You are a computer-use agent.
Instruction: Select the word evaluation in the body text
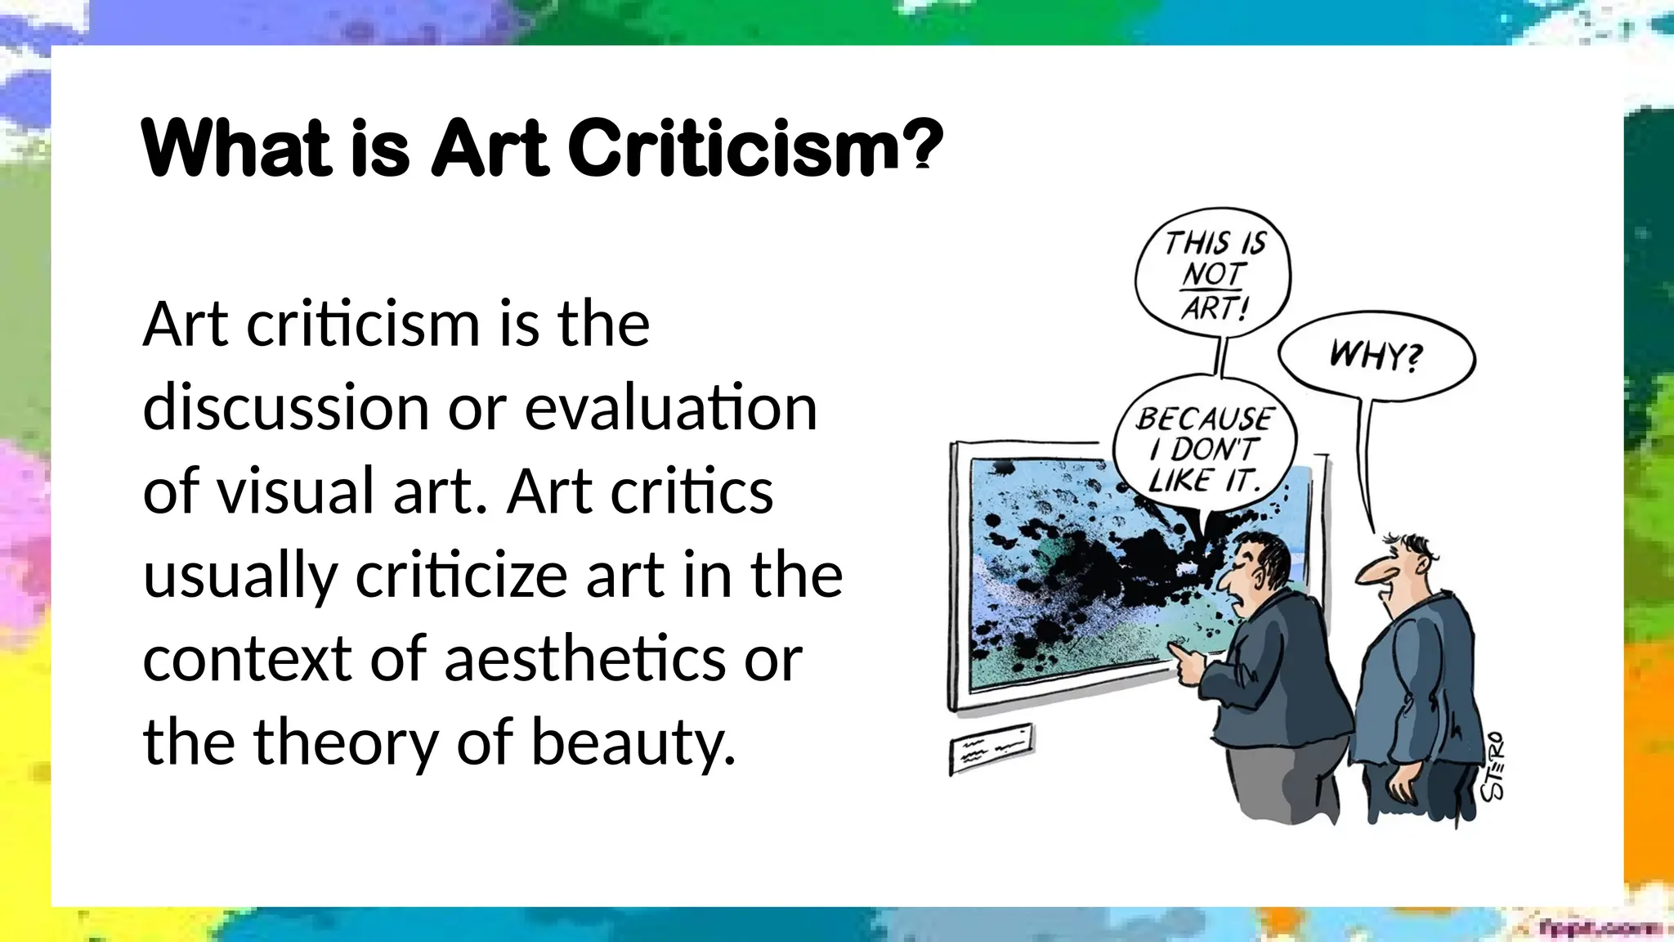(670, 408)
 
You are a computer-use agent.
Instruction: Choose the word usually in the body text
(240, 576)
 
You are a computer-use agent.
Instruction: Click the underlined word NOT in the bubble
(1213, 275)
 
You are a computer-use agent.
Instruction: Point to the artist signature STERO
(1493, 766)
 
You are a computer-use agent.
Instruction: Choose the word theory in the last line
(346, 742)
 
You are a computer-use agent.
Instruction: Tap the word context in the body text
(248, 659)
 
